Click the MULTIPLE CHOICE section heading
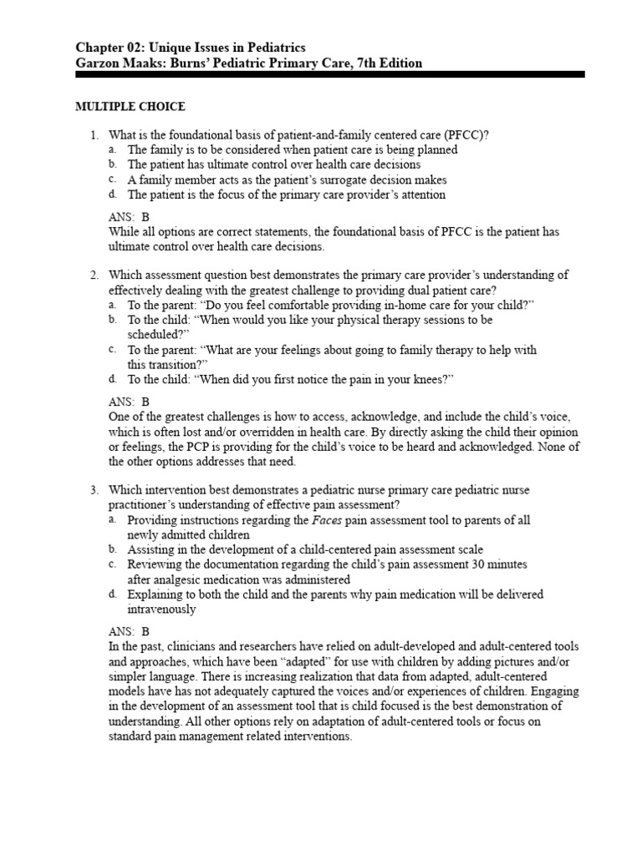tap(130, 106)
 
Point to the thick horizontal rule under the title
tap(329, 75)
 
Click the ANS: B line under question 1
tap(129, 217)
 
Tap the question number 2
tap(94, 276)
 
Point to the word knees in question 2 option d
tap(428, 380)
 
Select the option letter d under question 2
tap(112, 380)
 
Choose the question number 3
tap(94, 490)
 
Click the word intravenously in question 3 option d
tap(161, 610)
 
